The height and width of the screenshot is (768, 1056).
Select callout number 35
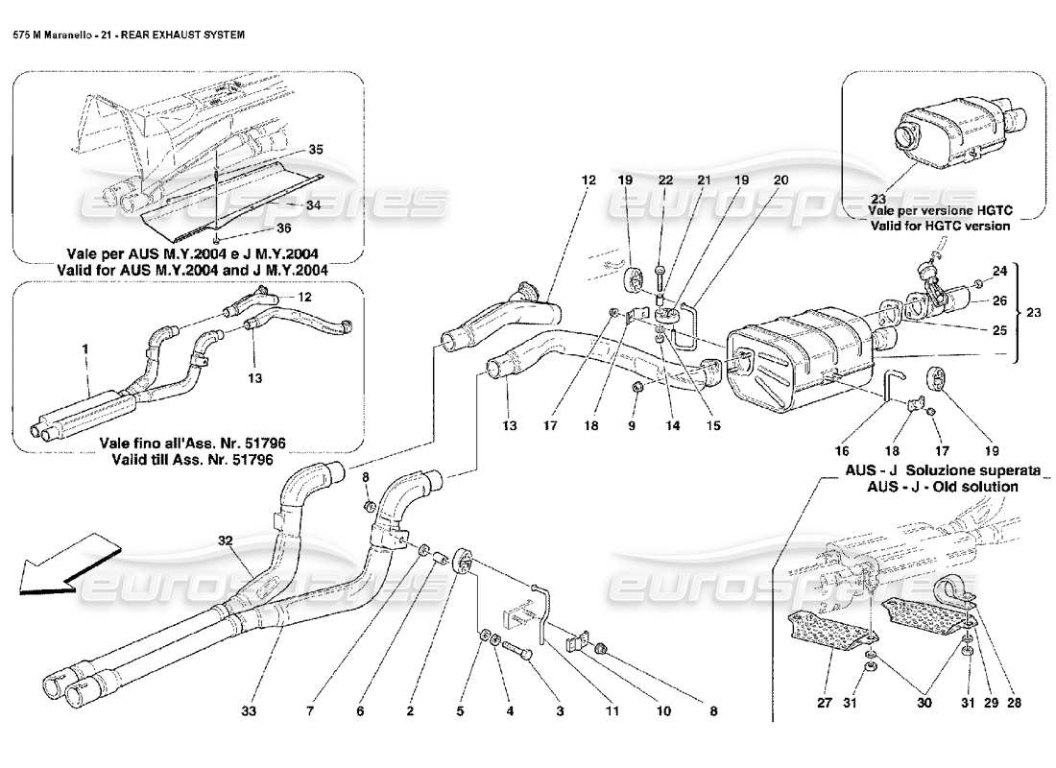pyautogui.click(x=316, y=150)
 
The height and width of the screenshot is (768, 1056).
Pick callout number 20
pyautogui.click(x=780, y=180)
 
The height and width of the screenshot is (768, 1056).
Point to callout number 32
pyautogui.click(x=225, y=540)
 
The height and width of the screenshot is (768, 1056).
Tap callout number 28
pyautogui.click(x=1014, y=703)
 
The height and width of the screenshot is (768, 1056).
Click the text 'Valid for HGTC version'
pyautogui.click(x=939, y=226)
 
